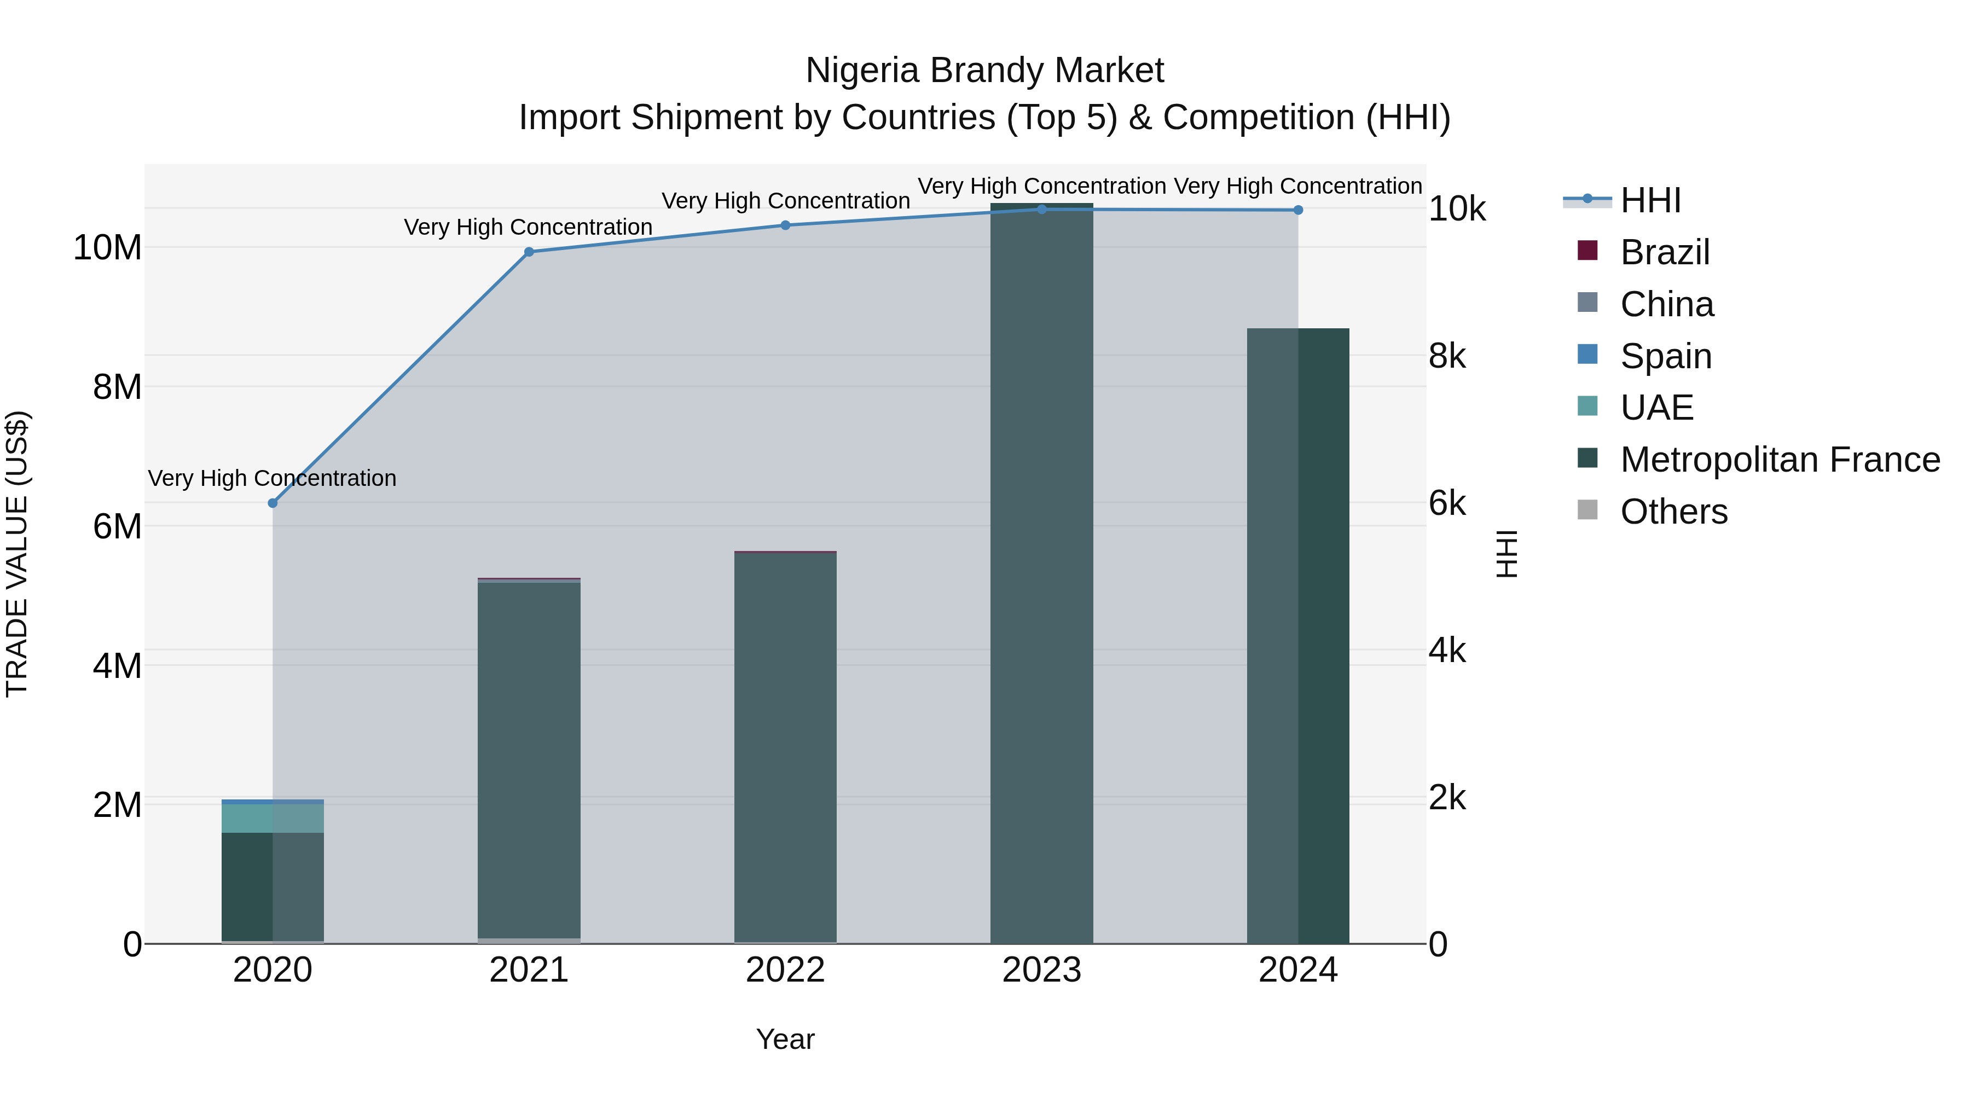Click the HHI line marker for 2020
(x=273, y=503)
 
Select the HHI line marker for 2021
(x=529, y=252)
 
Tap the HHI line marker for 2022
(x=785, y=225)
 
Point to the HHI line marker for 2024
(x=1298, y=210)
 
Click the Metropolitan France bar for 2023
(x=1041, y=573)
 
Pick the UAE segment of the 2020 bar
(x=273, y=818)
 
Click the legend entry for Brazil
(x=1664, y=252)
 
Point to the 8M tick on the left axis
(x=117, y=387)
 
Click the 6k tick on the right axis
(x=1447, y=503)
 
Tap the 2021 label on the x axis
(x=529, y=970)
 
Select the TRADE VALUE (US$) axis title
(x=17, y=554)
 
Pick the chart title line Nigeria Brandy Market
(x=984, y=71)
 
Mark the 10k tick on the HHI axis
(x=1456, y=209)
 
